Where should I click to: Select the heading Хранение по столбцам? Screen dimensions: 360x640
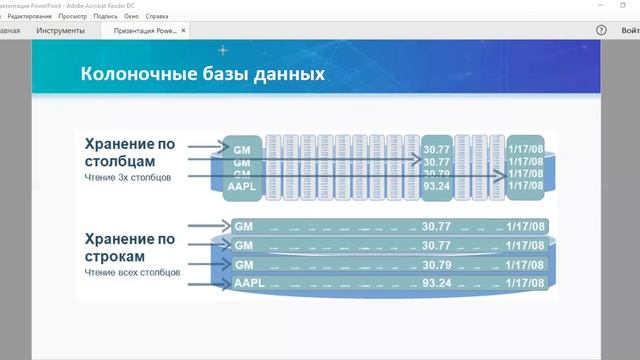(130, 151)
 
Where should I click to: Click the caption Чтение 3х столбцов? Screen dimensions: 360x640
(129, 177)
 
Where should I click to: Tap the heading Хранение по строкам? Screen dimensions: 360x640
(130, 247)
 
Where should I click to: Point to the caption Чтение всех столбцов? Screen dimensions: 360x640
(132, 272)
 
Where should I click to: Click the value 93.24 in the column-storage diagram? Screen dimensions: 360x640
(436, 185)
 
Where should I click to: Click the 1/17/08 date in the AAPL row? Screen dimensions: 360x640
(525, 283)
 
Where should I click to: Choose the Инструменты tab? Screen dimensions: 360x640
(60, 31)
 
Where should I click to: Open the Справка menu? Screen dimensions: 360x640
(157, 17)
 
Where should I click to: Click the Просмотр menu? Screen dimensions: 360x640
(72, 17)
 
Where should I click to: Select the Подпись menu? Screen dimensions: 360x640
(105, 17)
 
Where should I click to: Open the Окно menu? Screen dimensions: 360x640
(131, 17)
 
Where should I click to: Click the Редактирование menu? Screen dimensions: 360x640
(30, 17)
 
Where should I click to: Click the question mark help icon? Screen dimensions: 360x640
(601, 31)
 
